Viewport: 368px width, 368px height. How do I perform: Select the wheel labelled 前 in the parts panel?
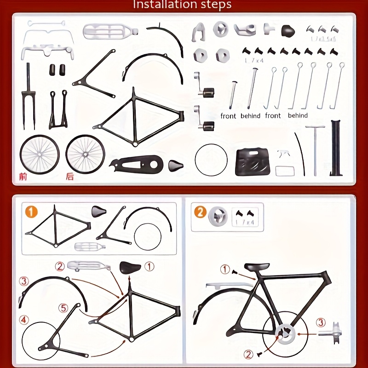coord(39,154)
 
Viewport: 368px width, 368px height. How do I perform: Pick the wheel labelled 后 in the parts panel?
coord(86,154)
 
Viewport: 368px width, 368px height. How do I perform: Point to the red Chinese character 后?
coord(70,176)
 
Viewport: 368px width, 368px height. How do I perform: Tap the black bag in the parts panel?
coord(253,161)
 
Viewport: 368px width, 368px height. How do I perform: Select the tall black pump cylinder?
coord(336,148)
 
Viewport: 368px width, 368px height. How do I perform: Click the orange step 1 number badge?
coord(31,212)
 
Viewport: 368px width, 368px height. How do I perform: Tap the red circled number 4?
coord(24,319)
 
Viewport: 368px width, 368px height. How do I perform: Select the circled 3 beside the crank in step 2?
coord(320,322)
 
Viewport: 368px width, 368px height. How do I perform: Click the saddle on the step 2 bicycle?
coord(257,267)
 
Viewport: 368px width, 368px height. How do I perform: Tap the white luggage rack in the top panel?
coord(109,32)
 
